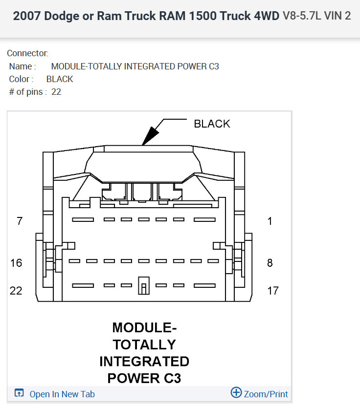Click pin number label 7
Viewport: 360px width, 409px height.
pos(20,221)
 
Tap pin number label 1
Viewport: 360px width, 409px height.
pos(270,221)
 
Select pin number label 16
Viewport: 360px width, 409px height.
pos(16,263)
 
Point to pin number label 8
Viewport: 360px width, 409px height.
pos(270,263)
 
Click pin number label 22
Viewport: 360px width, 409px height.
pos(16,291)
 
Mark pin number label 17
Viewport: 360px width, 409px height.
pos(273,291)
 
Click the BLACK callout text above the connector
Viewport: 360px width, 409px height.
pos(212,124)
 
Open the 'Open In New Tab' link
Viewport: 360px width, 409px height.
pos(62,394)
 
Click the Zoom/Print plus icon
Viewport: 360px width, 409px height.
pos(236,392)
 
